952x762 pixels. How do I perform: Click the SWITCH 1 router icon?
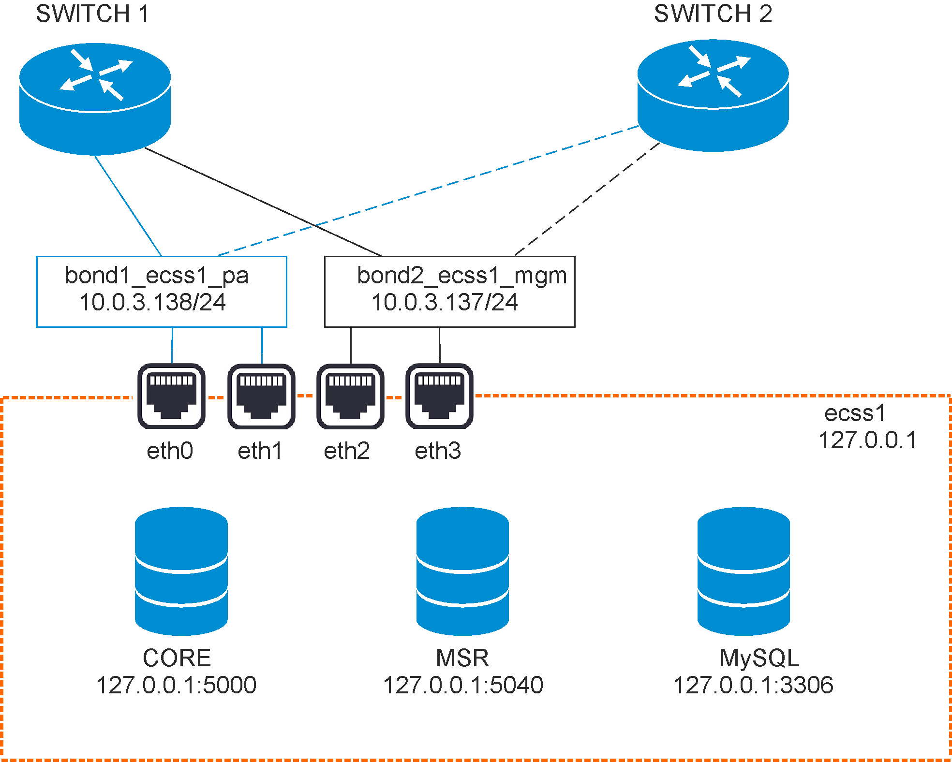coord(95,99)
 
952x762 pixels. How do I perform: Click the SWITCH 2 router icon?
coord(713,95)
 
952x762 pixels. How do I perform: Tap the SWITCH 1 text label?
coord(92,14)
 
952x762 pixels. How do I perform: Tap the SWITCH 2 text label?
coord(713,14)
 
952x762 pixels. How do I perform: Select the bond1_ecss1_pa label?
coord(157,276)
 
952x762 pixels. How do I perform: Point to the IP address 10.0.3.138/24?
coord(152,303)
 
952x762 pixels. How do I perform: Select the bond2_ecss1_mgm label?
coord(461,276)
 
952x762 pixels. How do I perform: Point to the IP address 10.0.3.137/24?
coord(445,303)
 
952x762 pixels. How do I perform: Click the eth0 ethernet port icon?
coord(171,396)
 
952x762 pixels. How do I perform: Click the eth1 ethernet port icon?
coord(261,396)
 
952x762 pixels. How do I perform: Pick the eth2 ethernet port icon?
coord(350,396)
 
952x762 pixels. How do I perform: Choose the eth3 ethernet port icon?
coord(439,396)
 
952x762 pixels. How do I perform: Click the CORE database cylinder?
coord(181,571)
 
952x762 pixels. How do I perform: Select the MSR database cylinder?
coord(462,571)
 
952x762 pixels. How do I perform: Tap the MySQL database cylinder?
coord(744,571)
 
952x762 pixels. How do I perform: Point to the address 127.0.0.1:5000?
coord(176,685)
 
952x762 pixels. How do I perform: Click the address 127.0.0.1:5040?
coord(463,685)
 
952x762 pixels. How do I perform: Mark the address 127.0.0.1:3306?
coord(753,685)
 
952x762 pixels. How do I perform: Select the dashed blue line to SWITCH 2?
coord(428,190)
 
